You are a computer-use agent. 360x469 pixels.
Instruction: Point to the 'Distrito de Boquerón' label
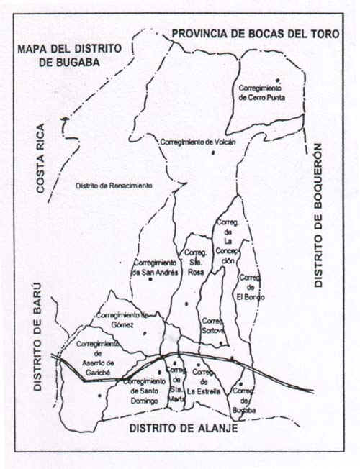(320, 216)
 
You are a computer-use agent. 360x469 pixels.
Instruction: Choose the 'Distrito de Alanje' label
(184, 429)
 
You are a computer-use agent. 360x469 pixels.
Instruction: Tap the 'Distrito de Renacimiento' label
(114, 186)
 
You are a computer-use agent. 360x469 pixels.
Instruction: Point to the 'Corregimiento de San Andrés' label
(153, 268)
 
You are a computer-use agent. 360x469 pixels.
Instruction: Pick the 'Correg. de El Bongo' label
(249, 286)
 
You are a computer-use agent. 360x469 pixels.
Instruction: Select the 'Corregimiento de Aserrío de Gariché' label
(99, 353)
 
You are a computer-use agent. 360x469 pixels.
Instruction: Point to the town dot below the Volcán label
(212, 153)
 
